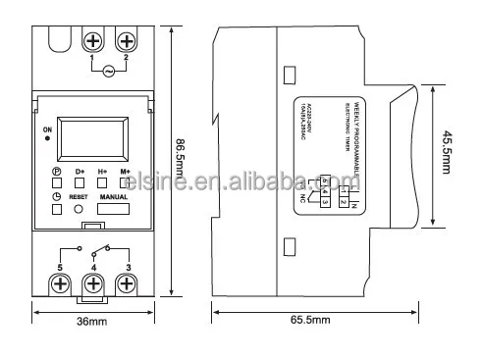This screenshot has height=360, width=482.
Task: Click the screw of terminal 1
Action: pyautogui.click(x=95, y=41)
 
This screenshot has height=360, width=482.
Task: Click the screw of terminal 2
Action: pyautogui.click(x=127, y=41)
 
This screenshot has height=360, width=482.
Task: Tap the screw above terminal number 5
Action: pyautogui.click(x=60, y=284)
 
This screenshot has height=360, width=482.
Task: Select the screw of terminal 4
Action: pyautogui.click(x=93, y=284)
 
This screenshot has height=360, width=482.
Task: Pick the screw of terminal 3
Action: pyautogui.click(x=127, y=284)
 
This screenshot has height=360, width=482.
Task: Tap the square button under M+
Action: pyautogui.click(x=126, y=183)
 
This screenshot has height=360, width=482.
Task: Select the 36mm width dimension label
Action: pyautogui.click(x=92, y=322)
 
